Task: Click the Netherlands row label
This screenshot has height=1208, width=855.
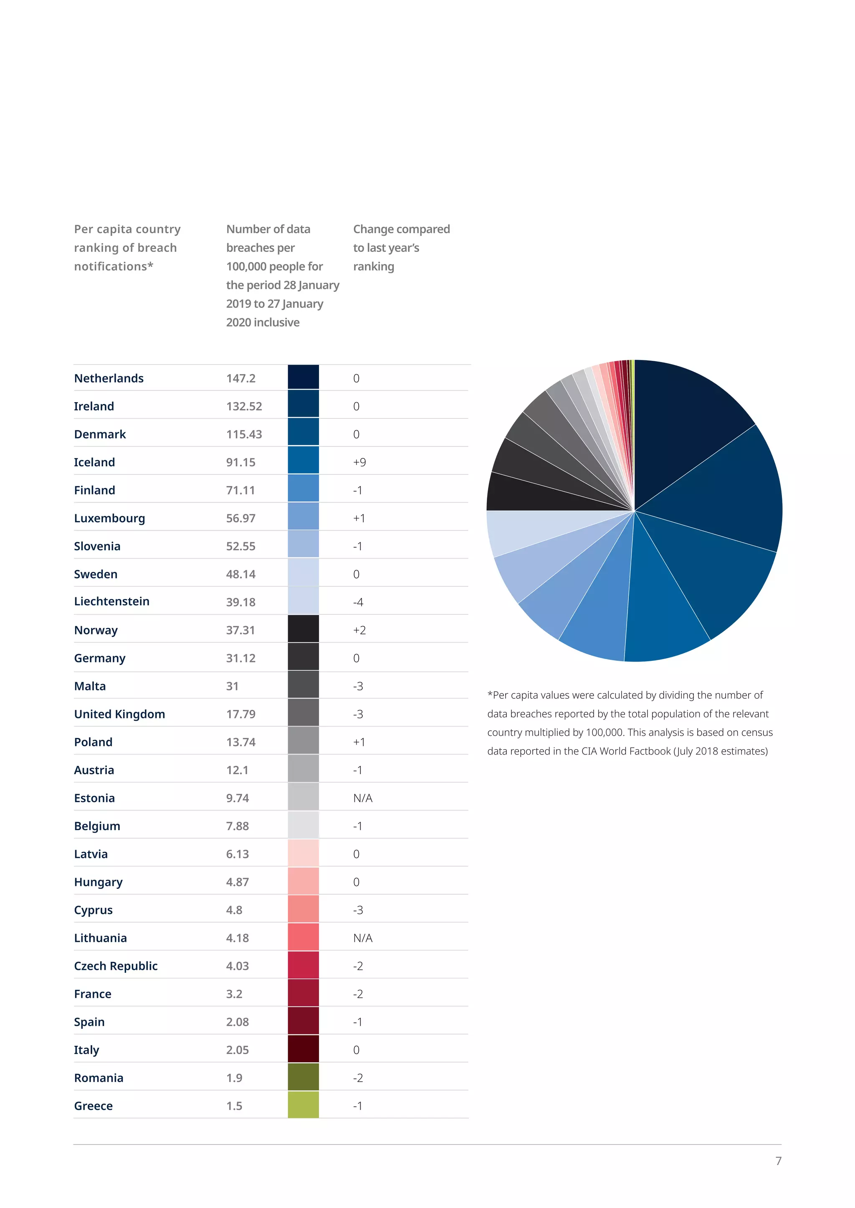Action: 109,378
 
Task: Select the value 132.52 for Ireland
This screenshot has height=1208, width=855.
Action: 244,406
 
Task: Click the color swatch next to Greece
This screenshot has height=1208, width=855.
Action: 303,1105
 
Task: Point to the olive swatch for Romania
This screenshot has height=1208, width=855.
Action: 303,1077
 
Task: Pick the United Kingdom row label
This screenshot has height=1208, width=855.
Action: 119,714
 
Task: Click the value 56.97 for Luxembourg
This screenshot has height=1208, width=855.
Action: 240,518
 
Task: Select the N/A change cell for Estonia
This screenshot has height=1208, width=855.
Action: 363,798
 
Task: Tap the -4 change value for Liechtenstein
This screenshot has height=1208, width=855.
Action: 358,602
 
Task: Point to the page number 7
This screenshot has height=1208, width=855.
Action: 778,1160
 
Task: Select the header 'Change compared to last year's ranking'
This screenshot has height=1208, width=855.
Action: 401,247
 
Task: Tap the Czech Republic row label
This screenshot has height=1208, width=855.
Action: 116,966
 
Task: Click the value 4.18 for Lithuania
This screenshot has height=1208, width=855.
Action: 238,938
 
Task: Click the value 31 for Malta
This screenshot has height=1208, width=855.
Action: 232,686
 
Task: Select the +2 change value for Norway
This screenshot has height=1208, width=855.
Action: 359,630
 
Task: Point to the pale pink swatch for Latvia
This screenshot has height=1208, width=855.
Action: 303,853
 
